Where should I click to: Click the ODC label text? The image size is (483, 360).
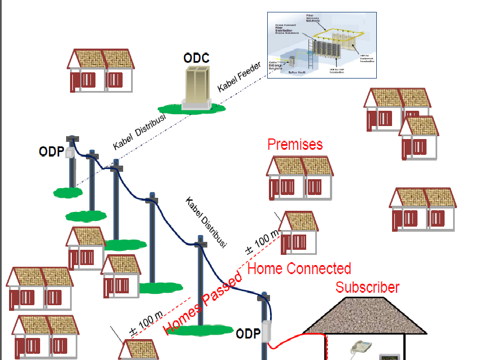pyautogui.click(x=196, y=58)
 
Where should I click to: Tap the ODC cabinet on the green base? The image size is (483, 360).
pyautogui.click(x=196, y=86)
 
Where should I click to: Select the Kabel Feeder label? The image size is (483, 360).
pyautogui.click(x=239, y=78)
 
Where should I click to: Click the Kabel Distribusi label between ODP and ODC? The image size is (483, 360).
pyautogui.click(x=138, y=132)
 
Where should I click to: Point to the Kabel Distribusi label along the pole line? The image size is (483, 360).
pyautogui.click(x=206, y=222)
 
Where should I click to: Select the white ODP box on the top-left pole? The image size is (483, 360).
pyautogui.click(x=70, y=153)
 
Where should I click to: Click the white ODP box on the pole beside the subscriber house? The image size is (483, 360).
pyautogui.click(x=265, y=333)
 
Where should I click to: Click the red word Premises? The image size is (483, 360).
pyautogui.click(x=295, y=144)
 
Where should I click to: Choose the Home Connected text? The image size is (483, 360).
pyautogui.click(x=299, y=268)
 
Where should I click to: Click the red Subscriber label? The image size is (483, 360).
pyautogui.click(x=367, y=287)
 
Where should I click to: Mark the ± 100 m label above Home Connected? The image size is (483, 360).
pyautogui.click(x=262, y=241)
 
